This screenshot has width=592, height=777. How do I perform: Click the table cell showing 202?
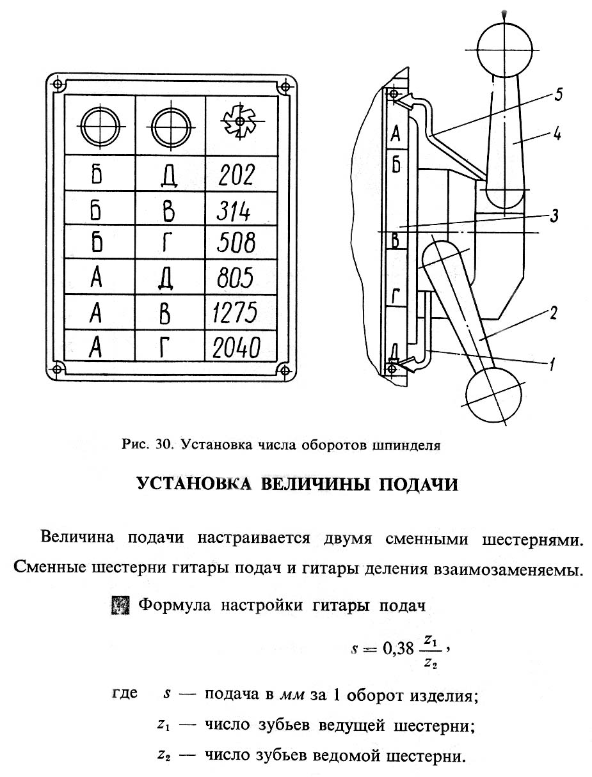coord(236,174)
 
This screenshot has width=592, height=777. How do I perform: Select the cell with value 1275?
coord(236,313)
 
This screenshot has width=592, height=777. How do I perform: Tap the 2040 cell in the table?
coord(236,347)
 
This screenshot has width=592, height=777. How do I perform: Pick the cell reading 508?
coord(236,243)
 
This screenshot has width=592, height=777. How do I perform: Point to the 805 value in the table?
coord(236,278)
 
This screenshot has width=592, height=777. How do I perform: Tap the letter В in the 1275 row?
coord(169,313)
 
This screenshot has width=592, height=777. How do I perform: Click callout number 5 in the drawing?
coord(557,96)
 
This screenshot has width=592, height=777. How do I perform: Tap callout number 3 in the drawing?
coord(554,216)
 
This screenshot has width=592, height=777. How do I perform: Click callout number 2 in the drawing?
coord(553,313)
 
